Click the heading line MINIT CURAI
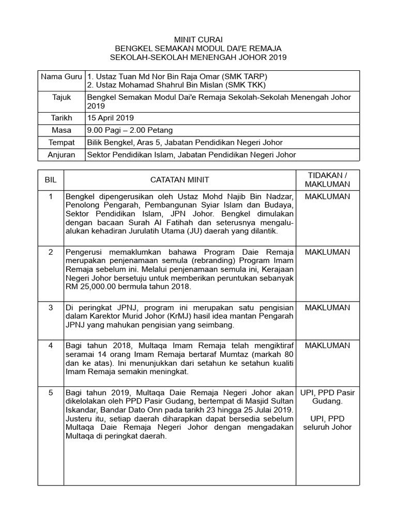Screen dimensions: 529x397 pos(198,39)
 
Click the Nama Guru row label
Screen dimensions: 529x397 pos(62,76)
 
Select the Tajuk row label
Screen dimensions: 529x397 pos(62,97)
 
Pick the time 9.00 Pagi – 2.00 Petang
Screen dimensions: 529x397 pos(130,130)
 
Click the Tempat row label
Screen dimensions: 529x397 pos(62,142)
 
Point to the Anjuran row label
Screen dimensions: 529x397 pos(62,154)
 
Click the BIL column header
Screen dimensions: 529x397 pos(50,179)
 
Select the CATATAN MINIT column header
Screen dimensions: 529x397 pos(179,179)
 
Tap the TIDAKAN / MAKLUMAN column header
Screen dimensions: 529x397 pos(327,179)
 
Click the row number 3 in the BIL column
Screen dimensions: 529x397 pos(50,307)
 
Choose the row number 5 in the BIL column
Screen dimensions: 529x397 pos(50,393)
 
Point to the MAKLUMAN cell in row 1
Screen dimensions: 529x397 pos(327,196)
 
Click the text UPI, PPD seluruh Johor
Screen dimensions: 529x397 pos(327,423)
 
